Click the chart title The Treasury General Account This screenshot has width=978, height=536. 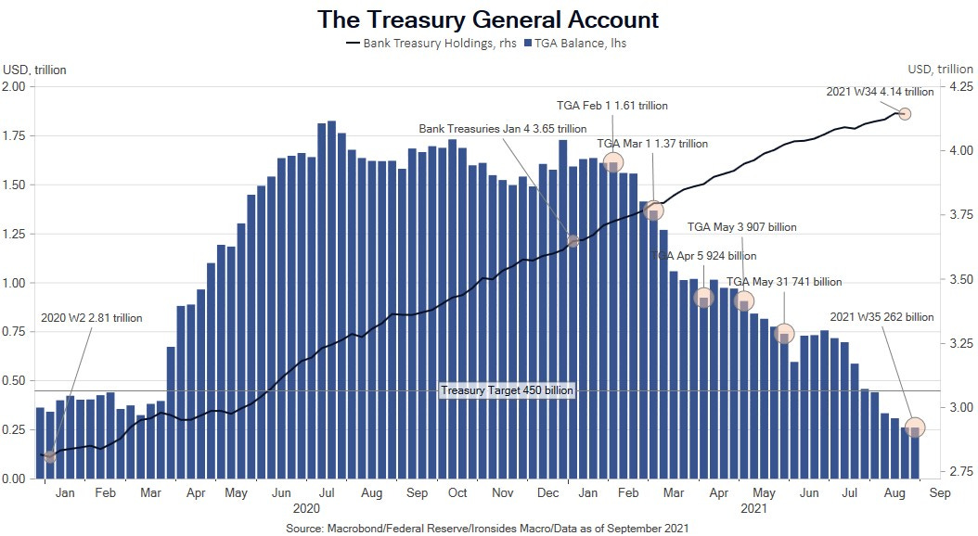click(x=488, y=19)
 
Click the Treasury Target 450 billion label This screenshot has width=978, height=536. click(x=508, y=391)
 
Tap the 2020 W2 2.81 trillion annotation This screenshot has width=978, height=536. click(x=92, y=318)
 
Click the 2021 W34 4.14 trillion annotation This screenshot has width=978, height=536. click(x=880, y=91)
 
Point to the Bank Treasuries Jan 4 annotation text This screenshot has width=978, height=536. click(x=503, y=129)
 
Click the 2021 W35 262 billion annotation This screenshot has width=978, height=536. click(x=881, y=317)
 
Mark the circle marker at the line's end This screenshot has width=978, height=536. click(x=905, y=114)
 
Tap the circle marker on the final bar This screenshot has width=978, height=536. click(x=915, y=428)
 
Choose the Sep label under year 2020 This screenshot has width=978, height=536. click(x=417, y=494)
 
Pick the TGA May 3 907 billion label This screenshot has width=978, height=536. click(x=741, y=227)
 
